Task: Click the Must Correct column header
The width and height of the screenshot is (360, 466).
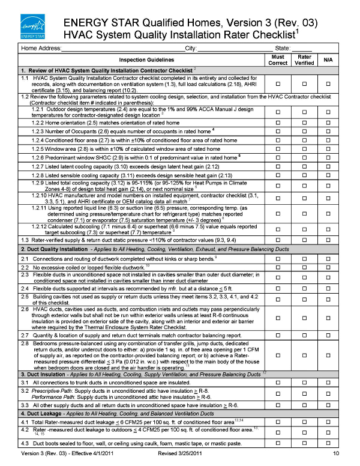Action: (x=277, y=59)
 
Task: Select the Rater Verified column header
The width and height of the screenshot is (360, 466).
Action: (x=304, y=59)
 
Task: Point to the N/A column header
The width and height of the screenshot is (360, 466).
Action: (x=328, y=59)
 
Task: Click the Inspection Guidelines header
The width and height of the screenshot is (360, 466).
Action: (x=147, y=60)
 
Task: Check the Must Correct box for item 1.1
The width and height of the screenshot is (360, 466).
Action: (x=277, y=83)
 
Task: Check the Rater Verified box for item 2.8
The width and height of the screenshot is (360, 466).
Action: (x=304, y=356)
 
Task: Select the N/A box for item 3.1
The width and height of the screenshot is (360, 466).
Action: (x=328, y=383)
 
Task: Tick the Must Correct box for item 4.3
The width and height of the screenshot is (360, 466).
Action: (x=277, y=443)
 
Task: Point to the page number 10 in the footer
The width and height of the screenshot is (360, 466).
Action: (x=336, y=453)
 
